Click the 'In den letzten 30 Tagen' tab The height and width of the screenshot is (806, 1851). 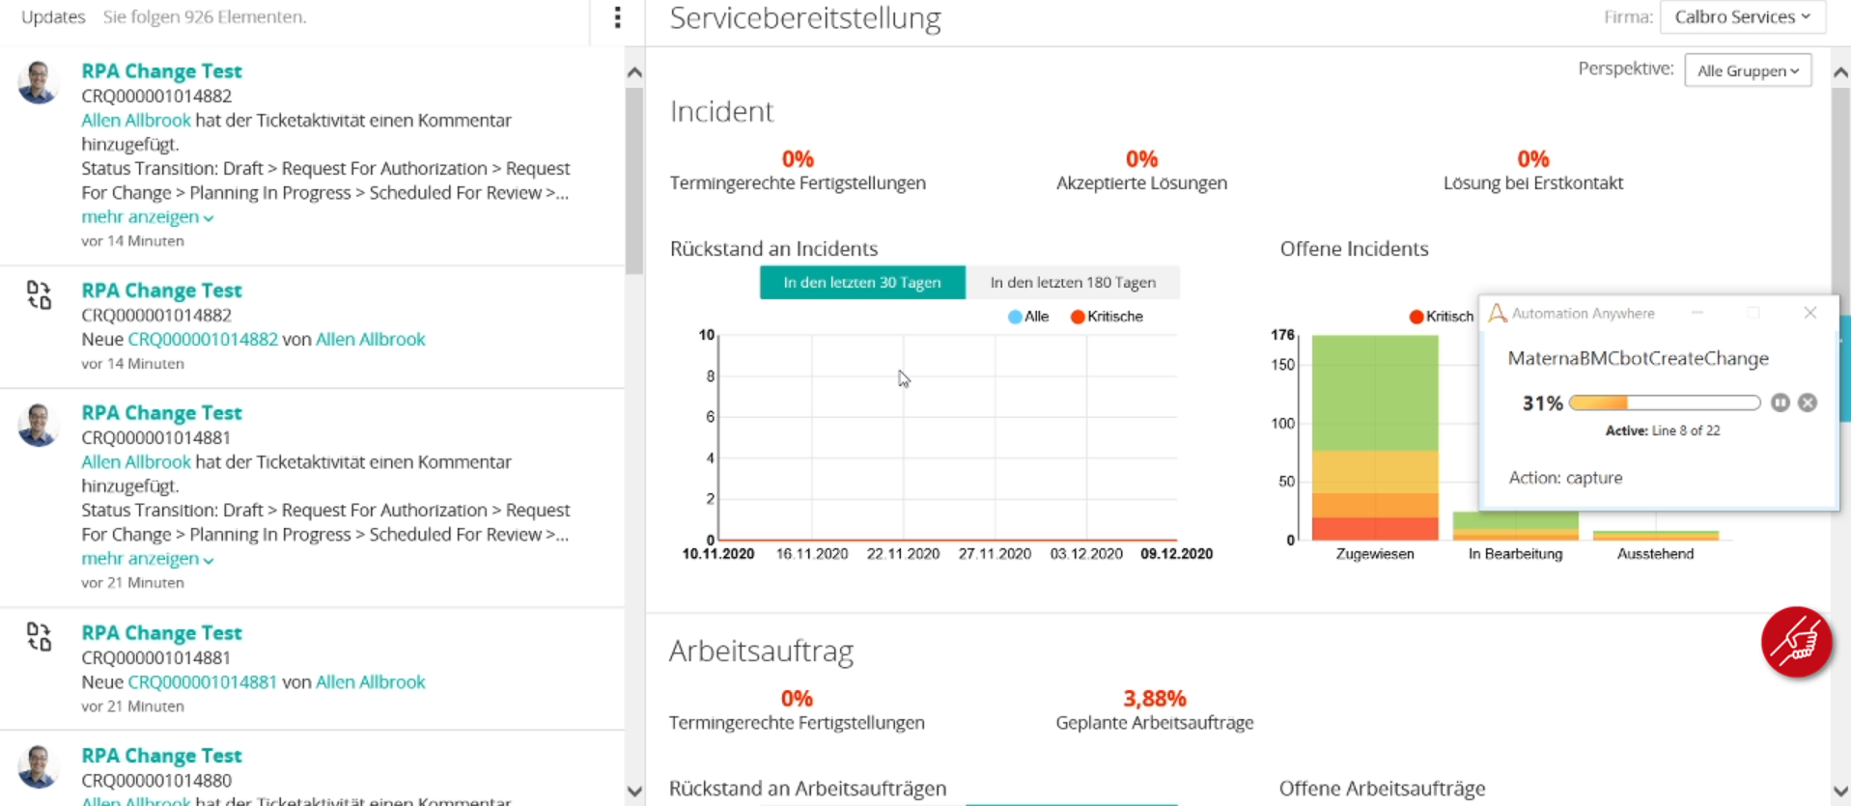coord(861,283)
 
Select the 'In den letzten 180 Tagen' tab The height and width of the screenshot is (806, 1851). coord(1073,283)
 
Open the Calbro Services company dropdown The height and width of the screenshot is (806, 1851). coord(1742,17)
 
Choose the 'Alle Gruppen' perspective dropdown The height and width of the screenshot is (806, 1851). coord(1748,70)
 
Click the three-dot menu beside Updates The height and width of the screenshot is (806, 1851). coord(617,17)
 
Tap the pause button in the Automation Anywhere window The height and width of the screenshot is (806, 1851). coord(1780,403)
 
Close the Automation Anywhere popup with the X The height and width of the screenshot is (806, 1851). coord(1809,313)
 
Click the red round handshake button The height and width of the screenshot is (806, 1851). coord(1796,642)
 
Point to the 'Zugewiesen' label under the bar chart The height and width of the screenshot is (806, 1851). coord(1374,554)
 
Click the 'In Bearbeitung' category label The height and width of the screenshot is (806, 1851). coord(1515,554)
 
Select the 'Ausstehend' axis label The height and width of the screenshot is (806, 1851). coord(1655,554)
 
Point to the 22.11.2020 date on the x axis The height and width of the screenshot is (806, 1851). coord(903,554)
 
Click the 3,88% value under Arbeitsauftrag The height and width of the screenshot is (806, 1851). coord(1154,698)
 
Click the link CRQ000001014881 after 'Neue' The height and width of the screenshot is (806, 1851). coord(202,681)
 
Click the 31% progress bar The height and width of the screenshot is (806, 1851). coord(1664,403)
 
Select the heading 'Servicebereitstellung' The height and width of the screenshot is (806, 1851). coord(804,18)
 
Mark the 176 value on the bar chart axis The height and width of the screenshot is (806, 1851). coord(1282,335)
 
